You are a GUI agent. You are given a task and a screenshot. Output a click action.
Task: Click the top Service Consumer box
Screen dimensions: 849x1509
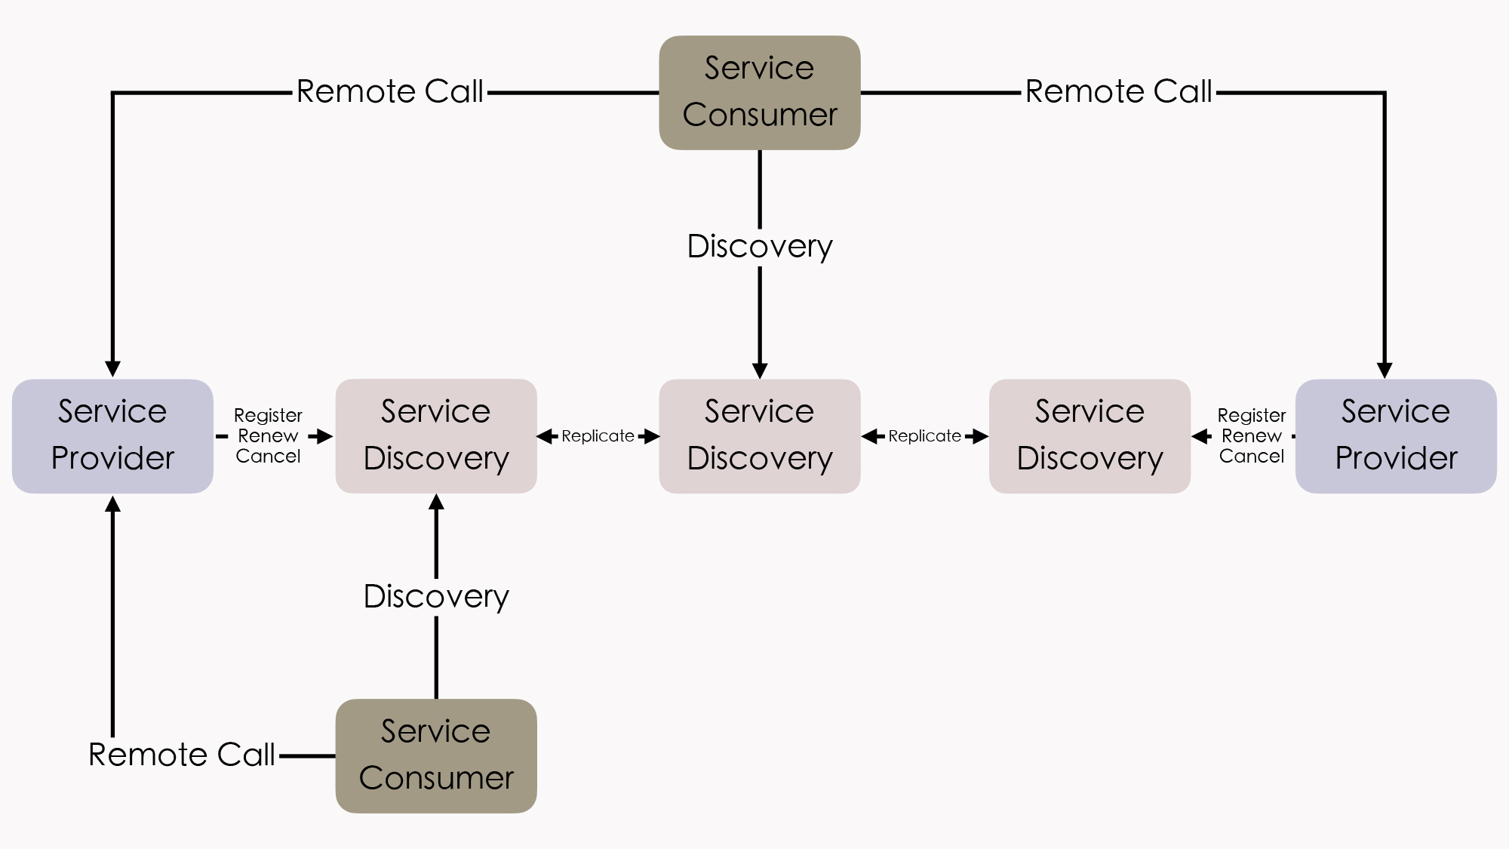(760, 92)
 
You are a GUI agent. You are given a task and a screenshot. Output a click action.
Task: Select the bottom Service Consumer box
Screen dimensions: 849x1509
(436, 755)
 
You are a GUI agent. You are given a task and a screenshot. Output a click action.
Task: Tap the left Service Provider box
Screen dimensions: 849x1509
(112, 435)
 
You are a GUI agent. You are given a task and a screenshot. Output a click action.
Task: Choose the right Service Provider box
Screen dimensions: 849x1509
(1396, 435)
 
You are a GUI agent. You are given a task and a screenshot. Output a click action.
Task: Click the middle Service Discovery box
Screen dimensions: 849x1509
(760, 435)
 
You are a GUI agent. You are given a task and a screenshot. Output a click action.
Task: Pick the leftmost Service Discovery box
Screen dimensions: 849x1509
(436, 435)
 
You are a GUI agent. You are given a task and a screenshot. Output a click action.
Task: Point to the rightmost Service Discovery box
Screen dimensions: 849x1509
(1089, 435)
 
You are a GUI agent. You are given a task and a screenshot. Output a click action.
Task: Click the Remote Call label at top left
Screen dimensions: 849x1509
(389, 91)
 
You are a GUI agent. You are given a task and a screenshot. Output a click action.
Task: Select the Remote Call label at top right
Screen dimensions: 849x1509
(1118, 91)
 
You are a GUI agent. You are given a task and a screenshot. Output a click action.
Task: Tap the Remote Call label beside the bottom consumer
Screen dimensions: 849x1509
(182, 755)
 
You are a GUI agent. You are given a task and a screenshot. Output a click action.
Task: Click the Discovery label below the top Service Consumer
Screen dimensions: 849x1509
(760, 246)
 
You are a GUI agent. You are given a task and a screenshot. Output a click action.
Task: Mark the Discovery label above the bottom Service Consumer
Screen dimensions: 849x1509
(436, 596)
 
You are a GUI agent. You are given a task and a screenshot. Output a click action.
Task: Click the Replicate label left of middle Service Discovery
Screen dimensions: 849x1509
(598, 436)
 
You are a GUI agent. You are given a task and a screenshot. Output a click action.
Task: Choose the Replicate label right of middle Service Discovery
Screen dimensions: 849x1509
(924, 436)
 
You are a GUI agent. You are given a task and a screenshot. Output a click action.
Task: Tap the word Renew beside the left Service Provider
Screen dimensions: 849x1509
(268, 436)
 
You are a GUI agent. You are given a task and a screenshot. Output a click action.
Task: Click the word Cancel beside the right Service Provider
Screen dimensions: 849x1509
(1251, 457)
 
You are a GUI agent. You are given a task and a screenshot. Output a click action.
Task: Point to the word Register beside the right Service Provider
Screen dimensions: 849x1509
(1251, 416)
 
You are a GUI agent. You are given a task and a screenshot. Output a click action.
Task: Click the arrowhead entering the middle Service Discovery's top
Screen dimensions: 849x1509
(760, 371)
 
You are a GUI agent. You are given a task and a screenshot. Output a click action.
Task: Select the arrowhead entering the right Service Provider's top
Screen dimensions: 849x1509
(1385, 370)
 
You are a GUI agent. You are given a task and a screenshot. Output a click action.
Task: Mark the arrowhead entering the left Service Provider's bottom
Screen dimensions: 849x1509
(112, 504)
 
